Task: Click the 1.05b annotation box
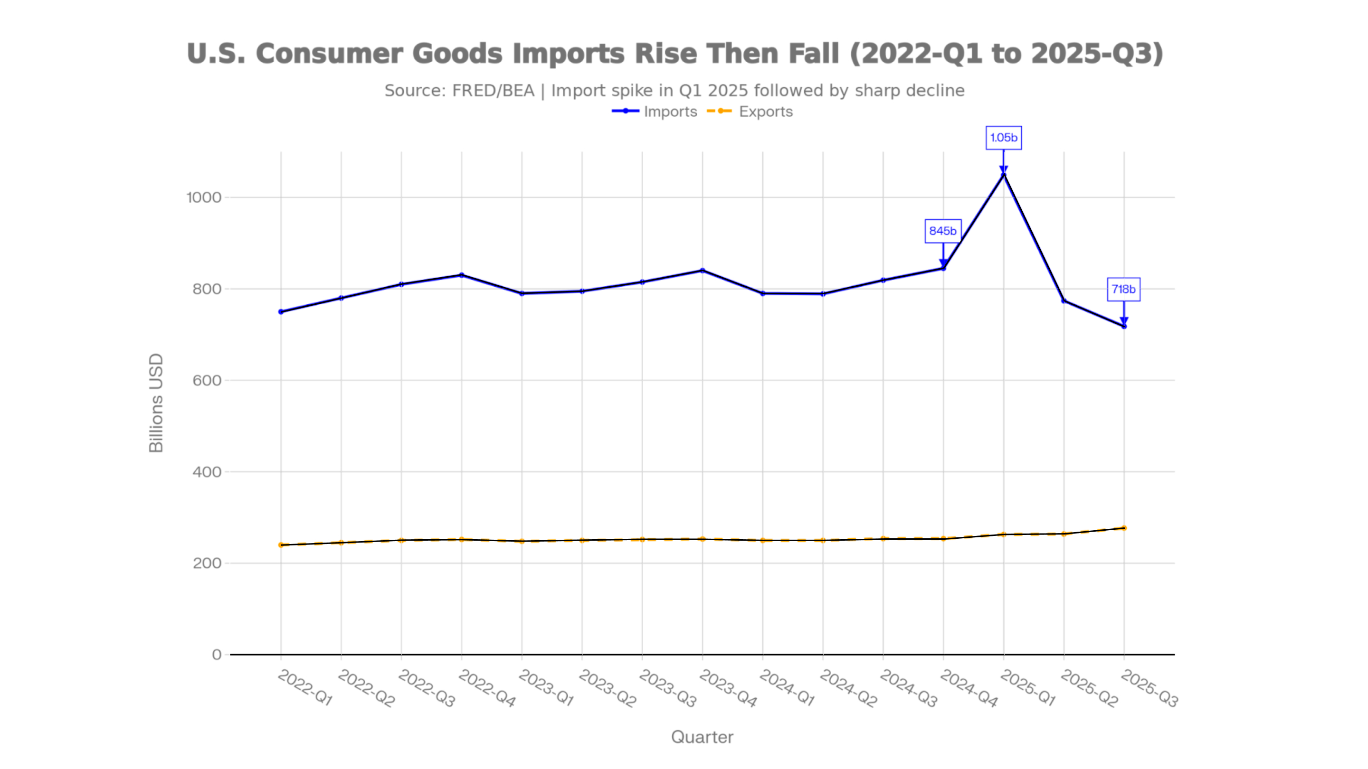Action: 1003,138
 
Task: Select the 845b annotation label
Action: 942,231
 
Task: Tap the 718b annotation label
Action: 1123,289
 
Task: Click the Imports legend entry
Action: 655,112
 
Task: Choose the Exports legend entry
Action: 750,112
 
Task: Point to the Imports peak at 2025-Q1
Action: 1003,175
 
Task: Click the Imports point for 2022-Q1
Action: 281,311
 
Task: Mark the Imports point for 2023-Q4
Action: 703,271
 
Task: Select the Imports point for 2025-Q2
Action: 1064,301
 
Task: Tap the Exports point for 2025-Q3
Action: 1124,528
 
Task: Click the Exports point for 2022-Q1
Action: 281,545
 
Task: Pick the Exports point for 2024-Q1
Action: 762,540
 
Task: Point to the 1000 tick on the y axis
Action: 203,197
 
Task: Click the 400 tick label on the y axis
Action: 207,472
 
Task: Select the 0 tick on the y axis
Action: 217,655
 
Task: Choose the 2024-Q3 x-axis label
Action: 908,688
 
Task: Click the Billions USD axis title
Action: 156,403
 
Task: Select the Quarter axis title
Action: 702,737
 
